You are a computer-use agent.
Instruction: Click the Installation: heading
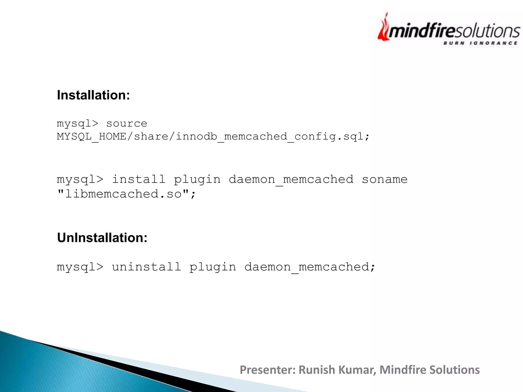click(93, 95)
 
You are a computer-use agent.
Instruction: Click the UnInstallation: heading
click(102, 238)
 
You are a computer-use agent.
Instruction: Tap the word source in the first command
click(127, 124)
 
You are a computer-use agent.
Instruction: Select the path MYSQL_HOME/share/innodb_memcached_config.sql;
click(213, 137)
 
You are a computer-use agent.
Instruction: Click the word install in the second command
click(139, 179)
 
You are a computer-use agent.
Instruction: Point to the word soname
click(385, 179)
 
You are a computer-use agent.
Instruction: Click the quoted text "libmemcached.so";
click(126, 194)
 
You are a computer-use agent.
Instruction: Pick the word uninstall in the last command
click(146, 267)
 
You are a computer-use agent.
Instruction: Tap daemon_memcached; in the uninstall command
click(310, 267)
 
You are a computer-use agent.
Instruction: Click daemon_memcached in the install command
click(291, 179)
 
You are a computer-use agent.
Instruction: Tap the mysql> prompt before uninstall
click(80, 267)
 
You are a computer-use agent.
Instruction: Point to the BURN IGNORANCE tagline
click(480, 43)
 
